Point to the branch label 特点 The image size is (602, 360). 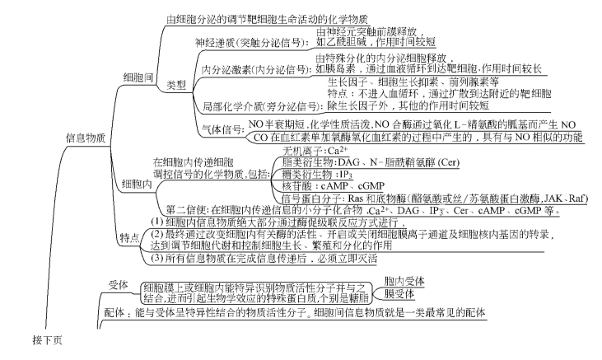[x=128, y=237]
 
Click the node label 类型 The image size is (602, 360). [x=176, y=84]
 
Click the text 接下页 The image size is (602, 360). [x=47, y=339]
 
